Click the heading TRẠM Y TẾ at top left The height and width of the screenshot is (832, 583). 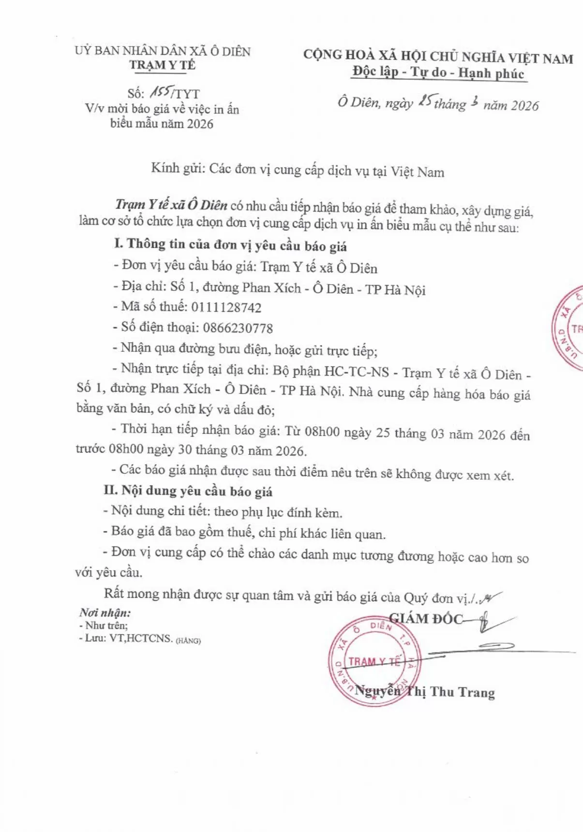pos(162,65)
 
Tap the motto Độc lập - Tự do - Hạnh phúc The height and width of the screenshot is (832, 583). pos(438,73)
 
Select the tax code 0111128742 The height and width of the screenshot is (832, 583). pos(226,308)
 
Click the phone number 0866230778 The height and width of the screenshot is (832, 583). pos(238,329)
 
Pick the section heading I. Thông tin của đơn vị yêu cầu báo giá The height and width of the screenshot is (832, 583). pos(230,245)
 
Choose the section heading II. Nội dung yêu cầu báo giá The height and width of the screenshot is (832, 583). pos(188,491)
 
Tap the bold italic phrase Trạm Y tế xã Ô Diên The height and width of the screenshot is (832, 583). pos(171,205)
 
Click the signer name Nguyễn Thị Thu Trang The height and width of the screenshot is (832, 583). pos(425,692)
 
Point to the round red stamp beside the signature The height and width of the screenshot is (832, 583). pos(374,661)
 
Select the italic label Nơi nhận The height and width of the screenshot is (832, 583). pos(105,613)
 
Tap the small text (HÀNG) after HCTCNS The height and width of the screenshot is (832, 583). pos(188,641)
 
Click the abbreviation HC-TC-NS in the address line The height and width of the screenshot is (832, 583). pos(356,372)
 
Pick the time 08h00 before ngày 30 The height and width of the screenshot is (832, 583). pos(126,449)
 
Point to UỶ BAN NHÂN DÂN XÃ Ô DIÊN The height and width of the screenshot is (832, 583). pos(163,51)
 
